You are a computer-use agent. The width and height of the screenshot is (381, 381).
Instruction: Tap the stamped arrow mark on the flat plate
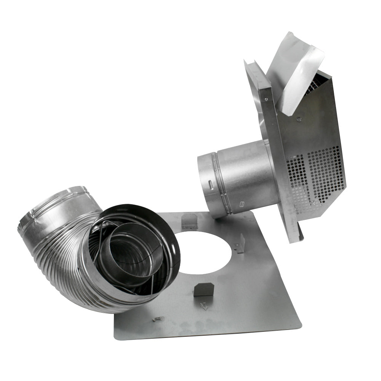pos(205,305)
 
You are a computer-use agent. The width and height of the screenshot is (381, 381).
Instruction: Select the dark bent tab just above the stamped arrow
pos(203,289)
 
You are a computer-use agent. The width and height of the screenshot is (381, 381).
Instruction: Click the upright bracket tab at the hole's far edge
pos(190,221)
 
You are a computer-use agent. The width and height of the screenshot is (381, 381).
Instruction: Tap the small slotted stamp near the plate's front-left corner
pos(158,318)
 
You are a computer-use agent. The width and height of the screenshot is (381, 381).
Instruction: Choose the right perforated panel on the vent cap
pos(326,173)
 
